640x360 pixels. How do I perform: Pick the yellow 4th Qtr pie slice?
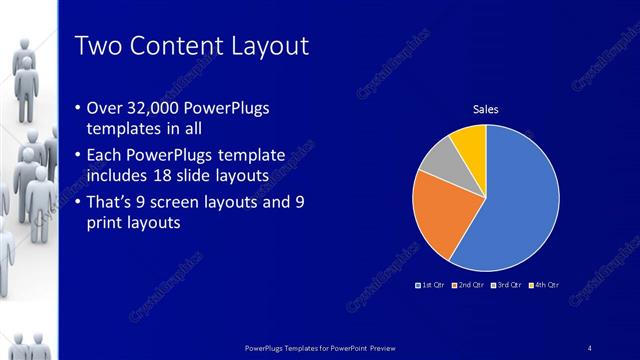click(x=470, y=141)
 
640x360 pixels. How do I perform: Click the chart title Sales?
click(x=486, y=110)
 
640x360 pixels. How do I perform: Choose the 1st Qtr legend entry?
click(x=432, y=286)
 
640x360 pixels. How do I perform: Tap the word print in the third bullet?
click(x=112, y=224)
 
